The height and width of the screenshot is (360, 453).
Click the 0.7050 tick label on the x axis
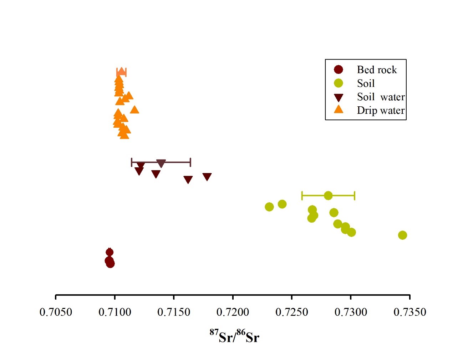(56, 312)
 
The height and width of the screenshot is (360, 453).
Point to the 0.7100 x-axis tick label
(114, 312)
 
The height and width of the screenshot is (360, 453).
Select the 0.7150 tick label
(174, 312)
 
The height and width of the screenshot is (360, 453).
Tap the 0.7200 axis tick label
(233, 312)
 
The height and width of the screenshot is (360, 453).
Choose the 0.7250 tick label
(292, 312)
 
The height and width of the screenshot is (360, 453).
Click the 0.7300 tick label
(351, 312)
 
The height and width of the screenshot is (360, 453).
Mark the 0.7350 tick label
(410, 312)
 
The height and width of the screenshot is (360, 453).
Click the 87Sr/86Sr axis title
(234, 336)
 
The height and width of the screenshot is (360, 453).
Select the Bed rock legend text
(377, 70)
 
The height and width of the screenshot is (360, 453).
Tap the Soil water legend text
(381, 97)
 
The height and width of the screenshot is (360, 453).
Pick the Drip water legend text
(381, 111)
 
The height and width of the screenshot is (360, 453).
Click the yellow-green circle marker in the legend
(338, 83)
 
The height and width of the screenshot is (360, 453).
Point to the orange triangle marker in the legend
(338, 110)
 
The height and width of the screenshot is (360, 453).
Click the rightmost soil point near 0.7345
(402, 235)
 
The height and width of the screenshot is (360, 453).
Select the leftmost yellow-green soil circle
(269, 207)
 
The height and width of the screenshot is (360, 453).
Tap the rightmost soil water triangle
(207, 177)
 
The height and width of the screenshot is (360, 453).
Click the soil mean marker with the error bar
(328, 196)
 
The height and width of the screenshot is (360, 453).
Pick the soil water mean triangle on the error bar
(161, 163)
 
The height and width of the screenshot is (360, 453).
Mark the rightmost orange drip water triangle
(134, 110)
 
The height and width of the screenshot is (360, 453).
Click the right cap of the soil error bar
(354, 196)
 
